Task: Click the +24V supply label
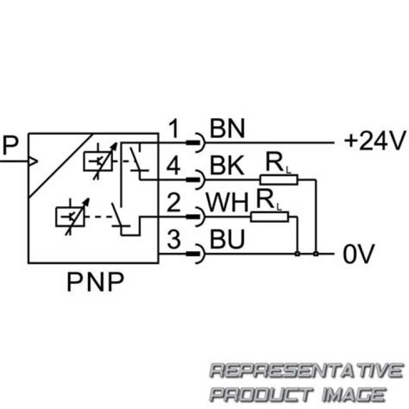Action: click(x=375, y=140)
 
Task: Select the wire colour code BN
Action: click(x=227, y=129)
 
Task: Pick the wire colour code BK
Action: click(x=227, y=166)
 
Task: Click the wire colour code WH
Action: click(x=227, y=203)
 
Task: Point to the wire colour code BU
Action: click(x=227, y=240)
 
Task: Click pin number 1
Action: click(x=174, y=129)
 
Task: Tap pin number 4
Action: click(x=174, y=166)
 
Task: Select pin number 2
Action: click(x=174, y=203)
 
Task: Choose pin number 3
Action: click(x=174, y=240)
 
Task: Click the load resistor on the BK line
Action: click(x=279, y=180)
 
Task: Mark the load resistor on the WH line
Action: click(x=269, y=216)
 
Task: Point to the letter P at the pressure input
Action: click(x=10, y=145)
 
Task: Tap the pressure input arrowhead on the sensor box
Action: click(x=33, y=161)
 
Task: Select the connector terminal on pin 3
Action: click(x=195, y=252)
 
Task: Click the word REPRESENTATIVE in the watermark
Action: click(x=307, y=372)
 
